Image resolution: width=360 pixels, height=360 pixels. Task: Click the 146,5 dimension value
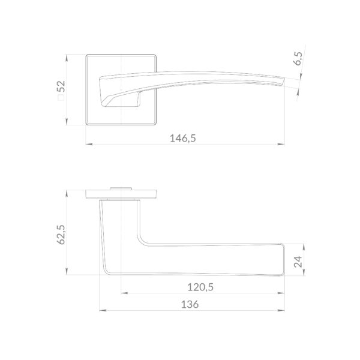[183, 139]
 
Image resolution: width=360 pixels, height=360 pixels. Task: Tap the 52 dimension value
[62, 86]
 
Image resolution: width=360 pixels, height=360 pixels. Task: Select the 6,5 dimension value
[298, 59]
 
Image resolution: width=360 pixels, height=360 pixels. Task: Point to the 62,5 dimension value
[61, 235]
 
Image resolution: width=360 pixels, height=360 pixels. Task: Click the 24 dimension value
[298, 262]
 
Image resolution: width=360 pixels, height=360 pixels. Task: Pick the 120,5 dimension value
[200, 287]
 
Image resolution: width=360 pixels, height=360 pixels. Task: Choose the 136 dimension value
[190, 304]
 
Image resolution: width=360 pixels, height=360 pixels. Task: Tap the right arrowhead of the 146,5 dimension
[281, 144]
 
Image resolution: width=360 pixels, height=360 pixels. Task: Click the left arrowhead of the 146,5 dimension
[89, 144]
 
